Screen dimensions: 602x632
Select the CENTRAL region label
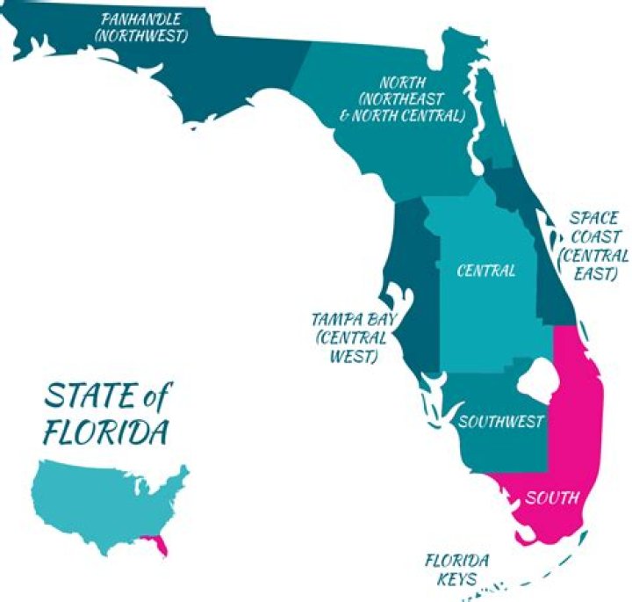tap(485, 271)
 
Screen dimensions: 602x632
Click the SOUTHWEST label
tap(502, 422)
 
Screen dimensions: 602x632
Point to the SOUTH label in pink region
tap(552, 498)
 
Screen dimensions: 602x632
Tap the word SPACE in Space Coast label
tap(593, 218)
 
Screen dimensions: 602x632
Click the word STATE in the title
tap(90, 397)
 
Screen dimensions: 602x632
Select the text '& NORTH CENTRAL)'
tap(408, 116)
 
